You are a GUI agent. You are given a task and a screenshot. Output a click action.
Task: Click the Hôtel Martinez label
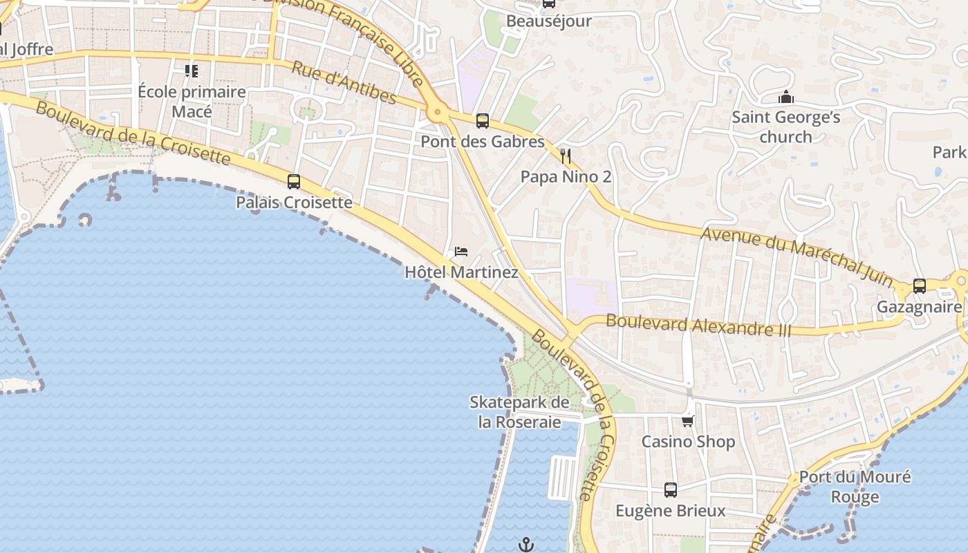click(461, 272)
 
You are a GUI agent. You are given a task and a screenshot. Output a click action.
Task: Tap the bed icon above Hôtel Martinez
click(461, 251)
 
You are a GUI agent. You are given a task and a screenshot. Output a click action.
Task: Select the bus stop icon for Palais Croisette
click(294, 182)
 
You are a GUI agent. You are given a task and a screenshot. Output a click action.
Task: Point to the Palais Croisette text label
click(294, 203)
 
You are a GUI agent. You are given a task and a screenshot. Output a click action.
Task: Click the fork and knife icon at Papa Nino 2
click(566, 156)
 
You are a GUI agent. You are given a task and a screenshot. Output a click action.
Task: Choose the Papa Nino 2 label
click(566, 177)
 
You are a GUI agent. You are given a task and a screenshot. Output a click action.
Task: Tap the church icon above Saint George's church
click(785, 97)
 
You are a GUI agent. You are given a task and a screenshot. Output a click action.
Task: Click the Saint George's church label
click(786, 127)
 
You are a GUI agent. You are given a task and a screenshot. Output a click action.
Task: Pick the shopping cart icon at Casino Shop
click(687, 421)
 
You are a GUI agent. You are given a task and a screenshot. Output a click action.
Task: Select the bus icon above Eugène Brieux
click(670, 490)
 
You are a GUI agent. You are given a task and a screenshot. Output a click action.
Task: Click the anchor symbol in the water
click(526, 545)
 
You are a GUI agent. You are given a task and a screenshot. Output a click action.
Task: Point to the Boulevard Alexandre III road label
click(698, 325)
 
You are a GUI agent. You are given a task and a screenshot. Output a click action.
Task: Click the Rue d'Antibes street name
click(344, 83)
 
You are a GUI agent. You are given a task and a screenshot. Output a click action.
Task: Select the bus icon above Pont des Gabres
click(483, 121)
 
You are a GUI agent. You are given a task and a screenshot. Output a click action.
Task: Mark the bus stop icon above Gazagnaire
click(920, 285)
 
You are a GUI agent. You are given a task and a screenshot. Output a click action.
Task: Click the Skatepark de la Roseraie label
click(519, 412)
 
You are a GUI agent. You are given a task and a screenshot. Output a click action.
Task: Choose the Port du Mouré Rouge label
click(855, 487)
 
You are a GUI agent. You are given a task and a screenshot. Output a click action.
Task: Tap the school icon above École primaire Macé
click(192, 71)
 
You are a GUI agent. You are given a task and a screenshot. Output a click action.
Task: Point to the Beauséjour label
click(549, 21)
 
